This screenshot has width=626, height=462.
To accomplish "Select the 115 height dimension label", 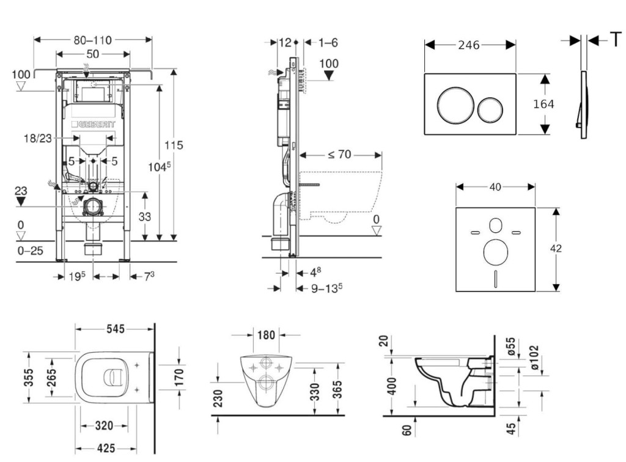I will (174, 145).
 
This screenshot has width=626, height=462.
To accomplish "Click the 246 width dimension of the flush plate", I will (468, 45).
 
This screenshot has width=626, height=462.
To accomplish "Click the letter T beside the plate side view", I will (614, 40).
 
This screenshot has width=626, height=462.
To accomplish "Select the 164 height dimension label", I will (543, 104).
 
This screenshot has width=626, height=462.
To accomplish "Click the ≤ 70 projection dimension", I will (339, 155).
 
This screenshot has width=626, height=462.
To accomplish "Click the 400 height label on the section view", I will (392, 386).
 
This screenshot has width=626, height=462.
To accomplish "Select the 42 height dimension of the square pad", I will (556, 248).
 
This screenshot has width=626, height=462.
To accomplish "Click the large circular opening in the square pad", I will (495, 252).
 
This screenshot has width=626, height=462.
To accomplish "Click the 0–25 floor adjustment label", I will (31, 251).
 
